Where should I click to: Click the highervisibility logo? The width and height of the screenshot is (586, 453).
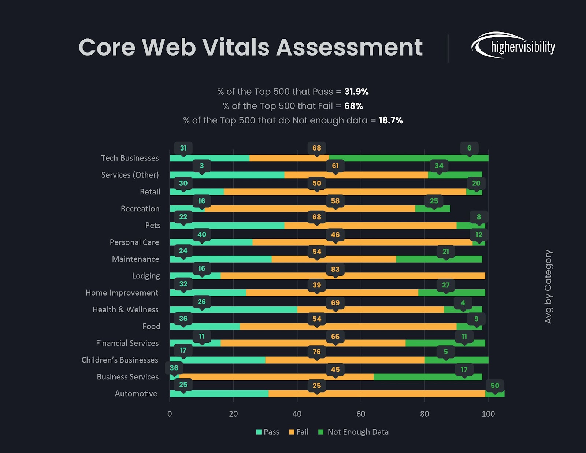pyautogui.click(x=513, y=46)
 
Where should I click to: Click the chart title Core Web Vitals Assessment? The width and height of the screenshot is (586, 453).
pyautogui.click(x=251, y=48)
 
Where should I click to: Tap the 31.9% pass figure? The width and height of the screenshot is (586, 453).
pyautogui.click(x=356, y=92)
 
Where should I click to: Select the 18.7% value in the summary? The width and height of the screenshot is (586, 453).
pyautogui.click(x=390, y=120)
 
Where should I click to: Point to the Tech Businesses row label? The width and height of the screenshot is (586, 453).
pyautogui.click(x=130, y=158)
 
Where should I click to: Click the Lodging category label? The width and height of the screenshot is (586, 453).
pyautogui.click(x=146, y=276)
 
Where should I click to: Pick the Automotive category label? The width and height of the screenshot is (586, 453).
pyautogui.click(x=136, y=394)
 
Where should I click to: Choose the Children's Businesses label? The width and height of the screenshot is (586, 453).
pyautogui.click(x=120, y=360)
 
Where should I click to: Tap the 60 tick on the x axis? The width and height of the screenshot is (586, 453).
pyautogui.click(x=361, y=414)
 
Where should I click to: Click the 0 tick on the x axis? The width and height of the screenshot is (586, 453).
pyautogui.click(x=170, y=414)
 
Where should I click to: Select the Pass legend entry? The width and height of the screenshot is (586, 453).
pyautogui.click(x=268, y=432)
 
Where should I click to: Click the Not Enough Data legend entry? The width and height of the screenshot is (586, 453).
pyautogui.click(x=353, y=432)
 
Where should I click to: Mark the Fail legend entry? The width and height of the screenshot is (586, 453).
pyautogui.click(x=299, y=432)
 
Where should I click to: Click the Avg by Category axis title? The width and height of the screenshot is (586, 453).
pyautogui.click(x=548, y=287)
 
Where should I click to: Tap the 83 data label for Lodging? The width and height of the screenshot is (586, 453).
pyautogui.click(x=335, y=269)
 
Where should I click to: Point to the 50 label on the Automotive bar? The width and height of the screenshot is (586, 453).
pyautogui.click(x=495, y=386)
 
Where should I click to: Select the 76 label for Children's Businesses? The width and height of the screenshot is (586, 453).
pyautogui.click(x=317, y=352)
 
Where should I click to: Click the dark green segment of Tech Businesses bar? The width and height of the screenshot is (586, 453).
pyautogui.click(x=408, y=158)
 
